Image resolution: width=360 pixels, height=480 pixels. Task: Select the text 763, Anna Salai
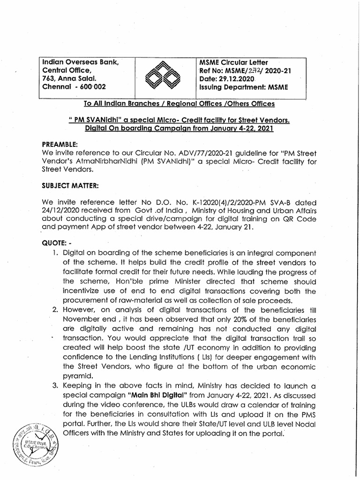coord(70,79)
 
